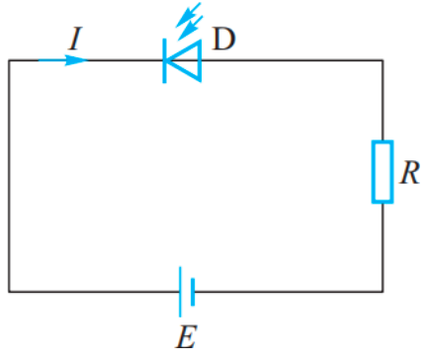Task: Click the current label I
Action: point(75,39)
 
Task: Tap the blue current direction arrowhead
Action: point(78,60)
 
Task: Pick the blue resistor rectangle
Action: point(382,171)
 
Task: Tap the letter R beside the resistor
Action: point(410,173)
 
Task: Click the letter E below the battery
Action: point(184,337)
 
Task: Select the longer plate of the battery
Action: point(179,291)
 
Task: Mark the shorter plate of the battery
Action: point(192,291)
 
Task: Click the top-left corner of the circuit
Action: point(10,61)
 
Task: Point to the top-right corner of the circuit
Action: point(383,61)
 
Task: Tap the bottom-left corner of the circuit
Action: point(10,291)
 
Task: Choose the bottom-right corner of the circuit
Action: point(383,291)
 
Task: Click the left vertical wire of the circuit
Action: point(10,178)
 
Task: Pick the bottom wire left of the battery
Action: point(94,291)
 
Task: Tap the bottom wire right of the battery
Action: point(287,291)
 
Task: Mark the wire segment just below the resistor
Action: point(383,247)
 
